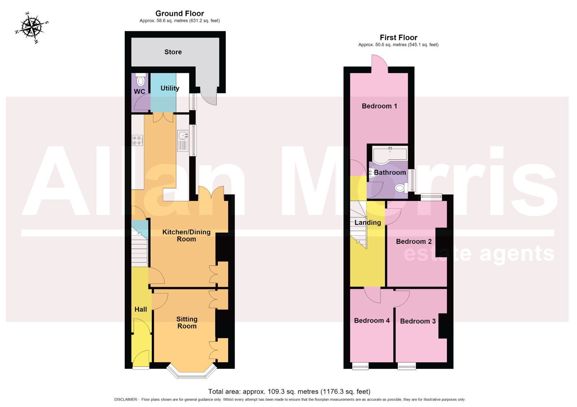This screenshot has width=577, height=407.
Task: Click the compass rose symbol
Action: pos(32,27)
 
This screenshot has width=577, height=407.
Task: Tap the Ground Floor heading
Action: pos(180,13)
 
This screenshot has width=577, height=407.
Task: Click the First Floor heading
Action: pos(398,38)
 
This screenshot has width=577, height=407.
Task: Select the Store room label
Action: pos(173,52)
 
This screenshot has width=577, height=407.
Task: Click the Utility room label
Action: pos(170,88)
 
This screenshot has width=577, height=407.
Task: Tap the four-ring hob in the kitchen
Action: pos(137,140)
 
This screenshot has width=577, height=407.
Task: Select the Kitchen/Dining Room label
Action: pos(186,235)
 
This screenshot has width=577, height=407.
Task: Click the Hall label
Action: pos(141,309)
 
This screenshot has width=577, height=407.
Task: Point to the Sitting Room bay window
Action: pos(191,371)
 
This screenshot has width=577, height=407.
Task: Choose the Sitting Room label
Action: pos(187,323)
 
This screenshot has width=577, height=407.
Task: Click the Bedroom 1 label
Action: pos(379,106)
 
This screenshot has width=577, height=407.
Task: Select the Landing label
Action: pos(367,223)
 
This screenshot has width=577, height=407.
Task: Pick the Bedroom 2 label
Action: pos(414,241)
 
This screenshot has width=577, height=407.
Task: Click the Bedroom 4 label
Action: pos(372,321)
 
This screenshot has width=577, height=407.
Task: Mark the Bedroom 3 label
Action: pos(418,321)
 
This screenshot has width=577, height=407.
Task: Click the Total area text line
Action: pos(289,391)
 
